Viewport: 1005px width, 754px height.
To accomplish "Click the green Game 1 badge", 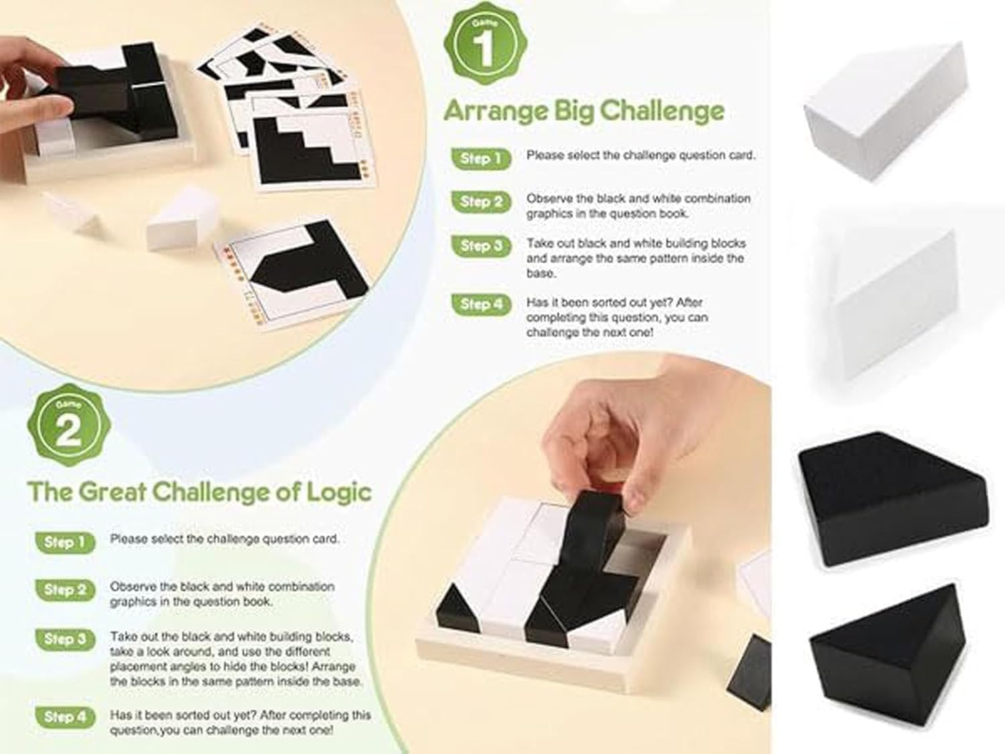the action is [x=485, y=44].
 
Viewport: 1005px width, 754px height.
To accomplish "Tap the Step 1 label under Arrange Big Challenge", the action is [x=481, y=158].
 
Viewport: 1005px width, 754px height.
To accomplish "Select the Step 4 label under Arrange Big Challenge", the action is [x=481, y=304].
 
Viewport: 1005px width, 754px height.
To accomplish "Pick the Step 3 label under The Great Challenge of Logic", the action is [x=65, y=639].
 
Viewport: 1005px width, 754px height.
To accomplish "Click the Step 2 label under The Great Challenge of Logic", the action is [x=65, y=590].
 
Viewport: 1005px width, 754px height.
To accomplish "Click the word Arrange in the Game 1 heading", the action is [x=495, y=111].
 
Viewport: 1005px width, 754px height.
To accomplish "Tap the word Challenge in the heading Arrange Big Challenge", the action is [x=662, y=111].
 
